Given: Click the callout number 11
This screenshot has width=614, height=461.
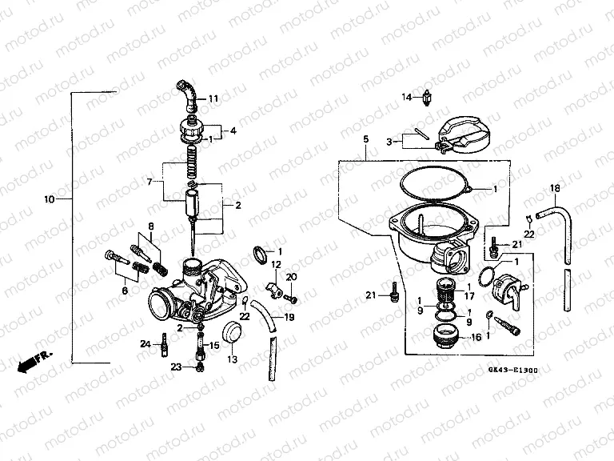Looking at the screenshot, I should coord(213,98).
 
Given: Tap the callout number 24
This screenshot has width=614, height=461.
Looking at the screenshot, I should coord(146,345).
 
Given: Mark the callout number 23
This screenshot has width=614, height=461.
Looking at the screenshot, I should coord(176,367).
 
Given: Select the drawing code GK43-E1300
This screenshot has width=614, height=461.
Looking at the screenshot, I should coord(513,371).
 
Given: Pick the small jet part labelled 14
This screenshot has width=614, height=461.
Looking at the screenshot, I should coord(429,97).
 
